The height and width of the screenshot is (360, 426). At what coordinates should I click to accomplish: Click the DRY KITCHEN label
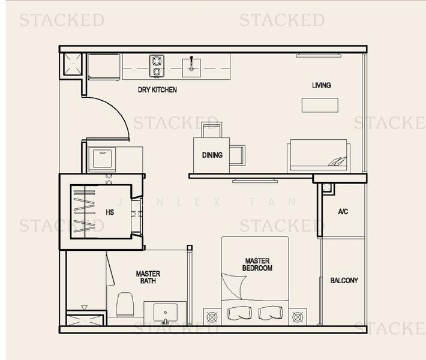pos(157,90)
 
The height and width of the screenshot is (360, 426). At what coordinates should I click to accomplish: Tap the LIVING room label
pos(321,85)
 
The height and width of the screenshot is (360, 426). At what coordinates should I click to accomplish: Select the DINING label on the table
pos(212,155)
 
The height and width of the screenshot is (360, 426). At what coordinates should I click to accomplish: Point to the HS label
pos(110,212)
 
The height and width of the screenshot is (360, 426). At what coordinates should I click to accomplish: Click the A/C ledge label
pos(343,212)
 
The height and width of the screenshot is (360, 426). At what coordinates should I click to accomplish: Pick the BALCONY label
pos(344,280)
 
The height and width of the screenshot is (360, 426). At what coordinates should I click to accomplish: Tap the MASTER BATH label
pos(148,277)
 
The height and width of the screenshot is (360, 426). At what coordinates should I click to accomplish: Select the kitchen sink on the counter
pos(192,65)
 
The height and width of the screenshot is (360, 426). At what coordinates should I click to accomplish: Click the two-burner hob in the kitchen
pos(157,66)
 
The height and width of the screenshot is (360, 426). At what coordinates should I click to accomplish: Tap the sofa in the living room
pos(319,155)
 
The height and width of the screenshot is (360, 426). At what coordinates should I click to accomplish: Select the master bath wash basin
pos(165,313)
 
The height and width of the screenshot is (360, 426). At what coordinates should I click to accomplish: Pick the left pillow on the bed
pos(240,313)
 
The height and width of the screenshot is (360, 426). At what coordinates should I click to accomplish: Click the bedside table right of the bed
pos(298,316)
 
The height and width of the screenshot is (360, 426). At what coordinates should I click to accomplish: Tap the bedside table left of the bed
pos(212,316)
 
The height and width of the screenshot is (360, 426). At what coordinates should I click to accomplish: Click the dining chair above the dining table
pos(211,129)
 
